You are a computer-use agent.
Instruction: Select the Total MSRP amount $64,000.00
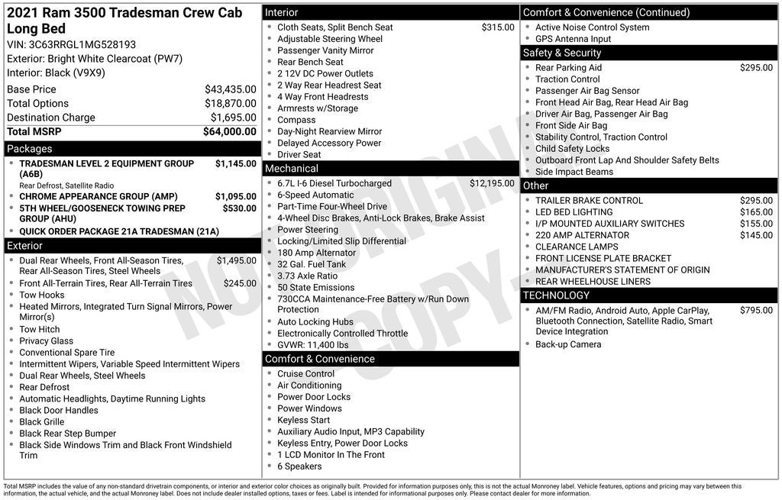(229, 131)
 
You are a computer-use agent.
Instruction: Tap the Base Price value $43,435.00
(230, 89)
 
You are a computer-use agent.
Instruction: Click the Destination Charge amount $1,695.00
(233, 118)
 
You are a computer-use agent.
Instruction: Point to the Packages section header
(30, 149)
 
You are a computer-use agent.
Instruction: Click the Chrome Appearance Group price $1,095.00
(235, 196)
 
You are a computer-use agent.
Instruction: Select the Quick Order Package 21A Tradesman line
(118, 231)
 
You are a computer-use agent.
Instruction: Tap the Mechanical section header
(292, 168)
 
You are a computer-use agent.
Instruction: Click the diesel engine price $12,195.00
(492, 183)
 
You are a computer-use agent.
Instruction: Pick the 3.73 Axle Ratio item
(307, 276)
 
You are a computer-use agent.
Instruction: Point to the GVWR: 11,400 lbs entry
(312, 345)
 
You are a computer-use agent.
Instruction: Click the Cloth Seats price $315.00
(498, 27)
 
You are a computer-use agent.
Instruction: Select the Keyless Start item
(303, 420)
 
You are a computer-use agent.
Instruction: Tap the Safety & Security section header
(562, 53)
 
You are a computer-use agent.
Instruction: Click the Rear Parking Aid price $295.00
(756, 68)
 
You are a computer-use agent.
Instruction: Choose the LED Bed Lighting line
(574, 212)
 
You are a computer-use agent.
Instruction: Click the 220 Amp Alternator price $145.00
(756, 235)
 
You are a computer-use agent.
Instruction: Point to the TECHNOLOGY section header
(556, 295)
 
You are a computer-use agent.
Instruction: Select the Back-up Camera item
(568, 344)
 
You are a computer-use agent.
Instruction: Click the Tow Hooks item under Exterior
(42, 295)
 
